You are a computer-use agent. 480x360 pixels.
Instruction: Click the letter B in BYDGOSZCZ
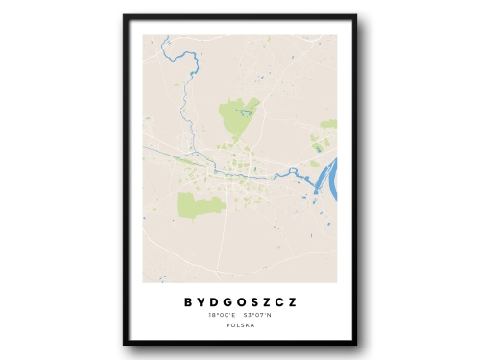point(188,301)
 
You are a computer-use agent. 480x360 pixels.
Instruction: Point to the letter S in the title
point(253,301)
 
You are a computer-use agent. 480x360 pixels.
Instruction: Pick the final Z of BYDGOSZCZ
point(292,301)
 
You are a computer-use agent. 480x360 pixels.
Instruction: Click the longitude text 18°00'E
point(220,315)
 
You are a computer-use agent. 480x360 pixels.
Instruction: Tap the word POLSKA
point(239,326)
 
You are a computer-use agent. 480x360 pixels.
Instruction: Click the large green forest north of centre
point(237,117)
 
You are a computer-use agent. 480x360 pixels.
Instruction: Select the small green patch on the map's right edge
point(329,124)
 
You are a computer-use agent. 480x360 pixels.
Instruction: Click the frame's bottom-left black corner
point(126,342)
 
